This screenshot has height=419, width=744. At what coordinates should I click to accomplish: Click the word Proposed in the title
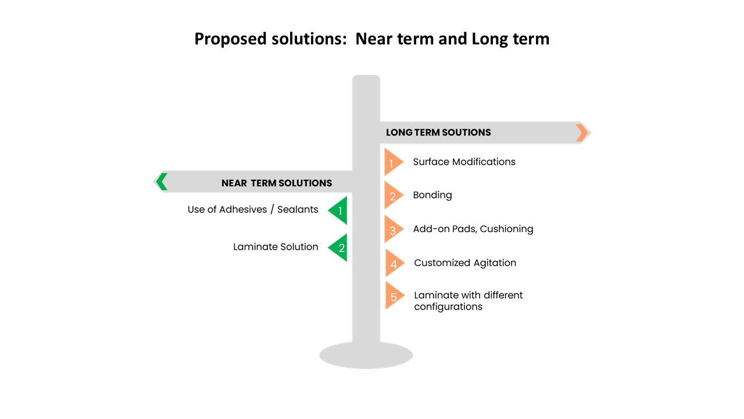(231, 39)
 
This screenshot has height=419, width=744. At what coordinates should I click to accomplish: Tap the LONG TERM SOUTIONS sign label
(438, 132)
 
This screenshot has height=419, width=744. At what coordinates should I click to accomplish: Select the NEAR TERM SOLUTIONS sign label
(277, 183)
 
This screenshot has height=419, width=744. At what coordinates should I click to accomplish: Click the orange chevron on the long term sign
(582, 133)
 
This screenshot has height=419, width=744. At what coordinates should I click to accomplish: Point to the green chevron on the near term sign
(162, 182)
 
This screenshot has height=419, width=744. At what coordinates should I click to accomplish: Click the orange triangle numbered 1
(394, 162)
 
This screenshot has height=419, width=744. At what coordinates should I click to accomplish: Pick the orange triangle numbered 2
(394, 195)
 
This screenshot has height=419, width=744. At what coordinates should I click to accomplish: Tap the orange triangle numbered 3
(394, 229)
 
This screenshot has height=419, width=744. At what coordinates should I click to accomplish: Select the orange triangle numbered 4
(394, 263)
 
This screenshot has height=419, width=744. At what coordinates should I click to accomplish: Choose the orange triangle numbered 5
(394, 296)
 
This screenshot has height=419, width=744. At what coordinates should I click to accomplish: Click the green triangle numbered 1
(338, 210)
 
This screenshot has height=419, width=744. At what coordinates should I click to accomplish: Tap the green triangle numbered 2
(338, 247)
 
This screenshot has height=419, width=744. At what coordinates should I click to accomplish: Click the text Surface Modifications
(464, 162)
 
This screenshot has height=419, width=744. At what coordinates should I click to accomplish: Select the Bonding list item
(432, 195)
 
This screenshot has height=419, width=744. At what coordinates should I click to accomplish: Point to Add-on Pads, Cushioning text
(473, 229)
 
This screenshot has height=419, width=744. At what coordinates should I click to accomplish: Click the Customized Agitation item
(465, 262)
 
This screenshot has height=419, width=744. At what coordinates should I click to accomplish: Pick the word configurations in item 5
(448, 307)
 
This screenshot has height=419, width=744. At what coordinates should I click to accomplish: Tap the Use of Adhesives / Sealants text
(253, 210)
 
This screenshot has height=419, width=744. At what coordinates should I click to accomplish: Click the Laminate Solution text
(276, 247)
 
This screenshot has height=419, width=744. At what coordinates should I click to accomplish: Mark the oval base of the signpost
(366, 355)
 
